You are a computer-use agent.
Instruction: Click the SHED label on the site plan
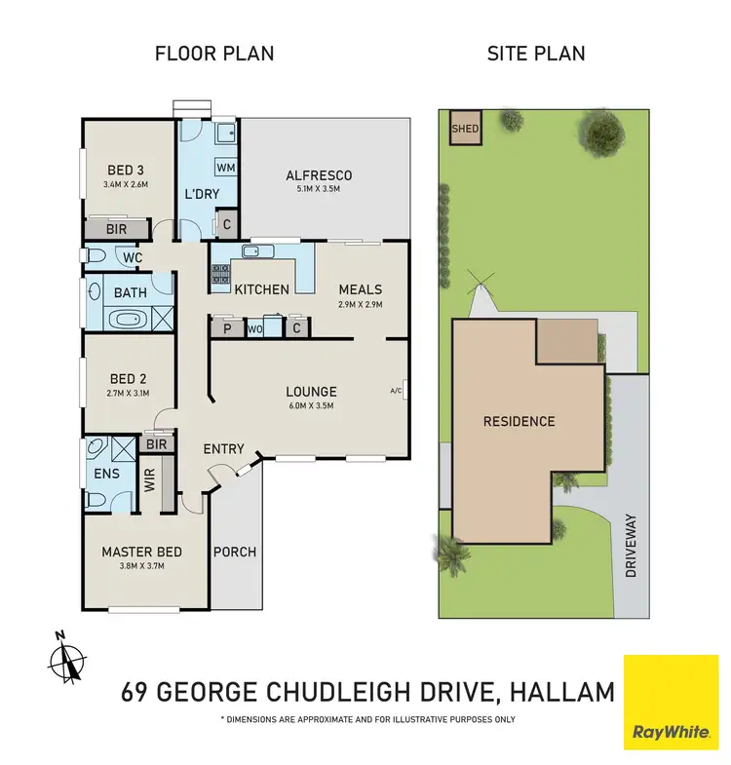point(464,129)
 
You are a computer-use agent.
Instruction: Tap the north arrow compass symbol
point(63,660)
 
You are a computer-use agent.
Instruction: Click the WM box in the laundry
point(225,168)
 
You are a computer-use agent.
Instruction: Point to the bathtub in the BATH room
point(123,319)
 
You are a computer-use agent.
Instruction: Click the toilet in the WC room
point(95,256)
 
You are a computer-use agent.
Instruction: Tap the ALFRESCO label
point(319,175)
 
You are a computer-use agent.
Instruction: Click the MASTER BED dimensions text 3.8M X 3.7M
point(141,568)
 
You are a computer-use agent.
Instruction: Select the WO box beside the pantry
point(254,329)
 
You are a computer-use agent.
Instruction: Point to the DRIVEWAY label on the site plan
point(631,546)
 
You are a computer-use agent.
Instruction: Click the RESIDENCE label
point(519,421)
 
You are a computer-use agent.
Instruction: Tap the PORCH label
point(235,552)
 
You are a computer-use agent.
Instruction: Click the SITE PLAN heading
point(536,54)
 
